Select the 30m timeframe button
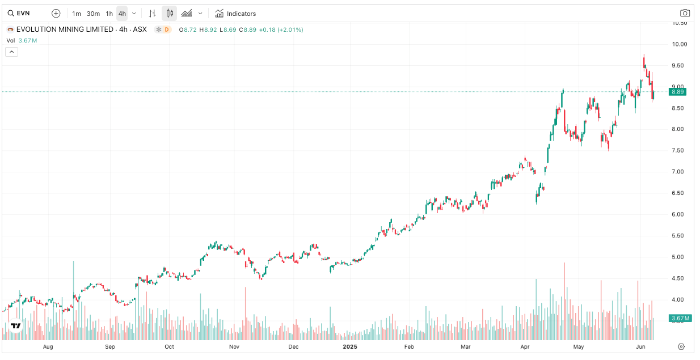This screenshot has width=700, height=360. (93, 14)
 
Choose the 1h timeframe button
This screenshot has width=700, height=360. (109, 14)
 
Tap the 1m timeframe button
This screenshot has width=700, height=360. (76, 14)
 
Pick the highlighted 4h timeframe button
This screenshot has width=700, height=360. (122, 14)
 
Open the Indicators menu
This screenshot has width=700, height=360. (235, 14)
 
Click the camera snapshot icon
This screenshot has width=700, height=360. (685, 14)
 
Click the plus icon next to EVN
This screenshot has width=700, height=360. (56, 14)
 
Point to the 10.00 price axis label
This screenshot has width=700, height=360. (679, 44)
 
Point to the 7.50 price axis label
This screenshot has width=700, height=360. (679, 150)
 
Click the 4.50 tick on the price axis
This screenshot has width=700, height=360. (679, 278)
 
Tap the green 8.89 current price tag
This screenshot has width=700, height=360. (678, 92)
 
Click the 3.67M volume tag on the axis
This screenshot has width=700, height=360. (679, 319)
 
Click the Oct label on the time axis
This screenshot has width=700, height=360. (169, 346)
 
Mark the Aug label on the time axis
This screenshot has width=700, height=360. (48, 346)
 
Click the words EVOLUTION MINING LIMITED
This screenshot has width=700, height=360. (65, 29)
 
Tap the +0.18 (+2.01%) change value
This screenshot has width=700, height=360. (281, 29)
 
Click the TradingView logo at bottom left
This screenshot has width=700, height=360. (15, 326)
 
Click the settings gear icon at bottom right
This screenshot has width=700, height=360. (682, 346)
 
